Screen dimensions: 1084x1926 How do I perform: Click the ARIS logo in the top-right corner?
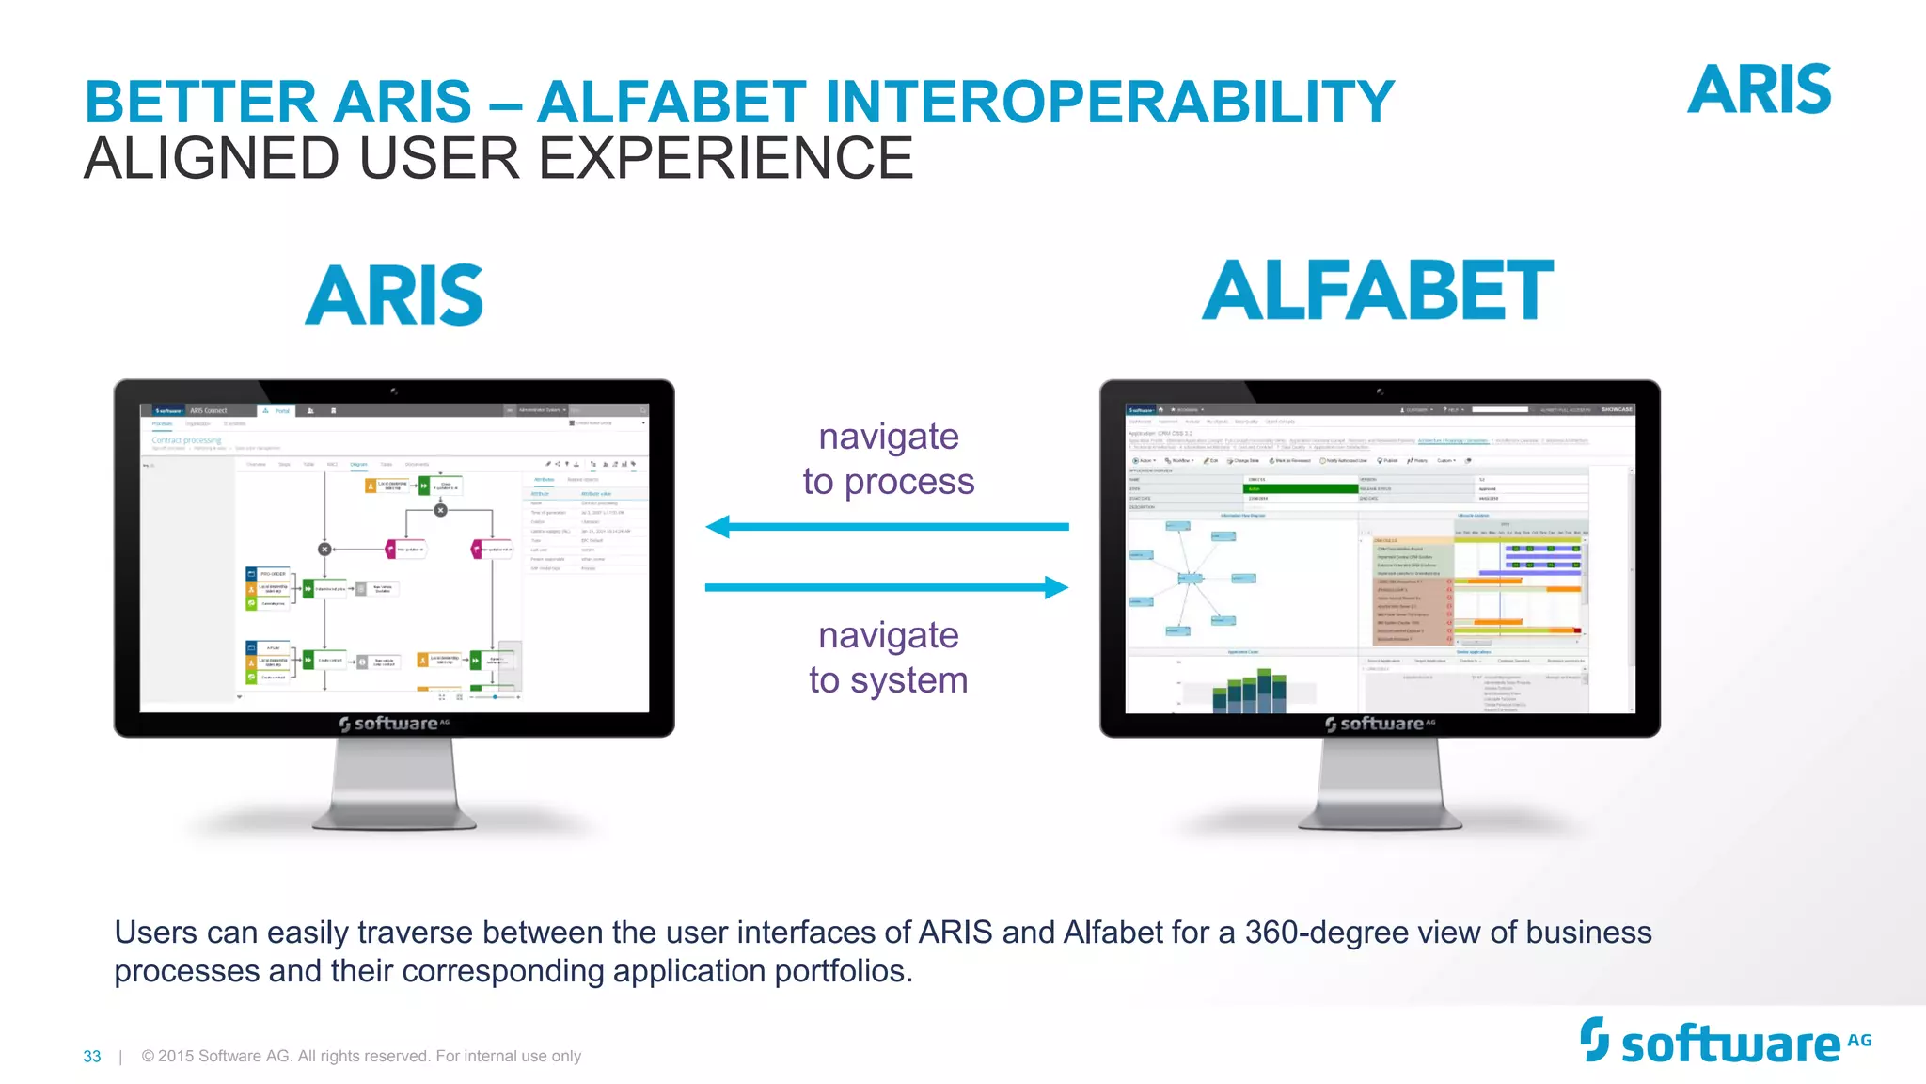click(x=1759, y=90)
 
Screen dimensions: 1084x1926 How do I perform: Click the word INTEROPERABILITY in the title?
click(x=1110, y=102)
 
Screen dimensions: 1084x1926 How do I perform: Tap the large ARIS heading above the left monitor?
click(x=394, y=295)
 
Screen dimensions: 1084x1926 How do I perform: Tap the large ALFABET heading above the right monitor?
click(x=1378, y=291)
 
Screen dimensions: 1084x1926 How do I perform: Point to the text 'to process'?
click(x=888, y=482)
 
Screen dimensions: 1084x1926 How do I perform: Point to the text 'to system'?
click(x=888, y=679)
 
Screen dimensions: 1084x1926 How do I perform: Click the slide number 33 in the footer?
click(x=92, y=1057)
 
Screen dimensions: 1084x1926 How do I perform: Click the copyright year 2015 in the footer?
click(x=176, y=1056)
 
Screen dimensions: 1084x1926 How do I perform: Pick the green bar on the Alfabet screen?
click(x=1301, y=489)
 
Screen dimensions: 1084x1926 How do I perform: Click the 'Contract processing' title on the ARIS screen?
click(x=186, y=440)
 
